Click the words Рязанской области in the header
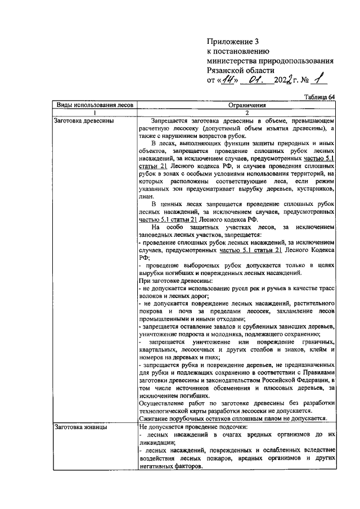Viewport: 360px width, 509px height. tap(241, 70)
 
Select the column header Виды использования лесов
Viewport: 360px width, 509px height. tap(92, 105)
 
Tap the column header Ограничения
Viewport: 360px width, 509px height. tap(236, 105)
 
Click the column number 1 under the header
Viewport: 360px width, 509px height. tap(92, 112)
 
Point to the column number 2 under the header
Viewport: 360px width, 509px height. tap(236, 112)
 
